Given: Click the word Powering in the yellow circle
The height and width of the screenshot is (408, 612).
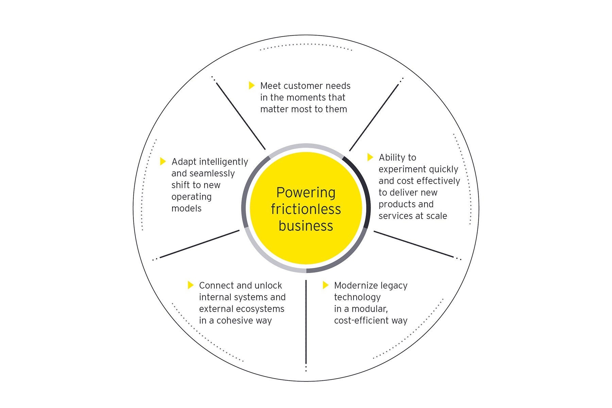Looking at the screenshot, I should click(306, 193).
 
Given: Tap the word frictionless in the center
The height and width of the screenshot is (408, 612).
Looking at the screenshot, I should click(306, 209).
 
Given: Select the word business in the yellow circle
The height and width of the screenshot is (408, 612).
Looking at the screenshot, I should click(306, 226).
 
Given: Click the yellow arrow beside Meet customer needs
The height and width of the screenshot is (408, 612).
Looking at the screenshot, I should click(252, 85).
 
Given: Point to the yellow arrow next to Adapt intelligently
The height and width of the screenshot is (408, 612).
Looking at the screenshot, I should click(163, 161).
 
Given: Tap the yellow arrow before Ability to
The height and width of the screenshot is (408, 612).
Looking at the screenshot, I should click(370, 157).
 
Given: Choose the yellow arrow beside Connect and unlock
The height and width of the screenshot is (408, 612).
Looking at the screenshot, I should click(190, 285).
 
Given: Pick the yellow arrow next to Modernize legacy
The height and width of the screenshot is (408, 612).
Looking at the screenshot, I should click(325, 285).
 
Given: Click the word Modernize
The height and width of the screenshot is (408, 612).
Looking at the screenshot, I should click(356, 285).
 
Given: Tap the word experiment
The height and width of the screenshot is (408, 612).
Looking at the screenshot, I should click(402, 169).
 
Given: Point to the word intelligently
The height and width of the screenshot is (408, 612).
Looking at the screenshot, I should click(223, 162).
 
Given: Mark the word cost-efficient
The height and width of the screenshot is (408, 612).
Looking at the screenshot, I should click(360, 321).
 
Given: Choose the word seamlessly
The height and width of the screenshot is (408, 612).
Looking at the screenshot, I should click(212, 173).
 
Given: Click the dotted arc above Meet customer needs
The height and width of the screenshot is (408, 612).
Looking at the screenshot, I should click(306, 45).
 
